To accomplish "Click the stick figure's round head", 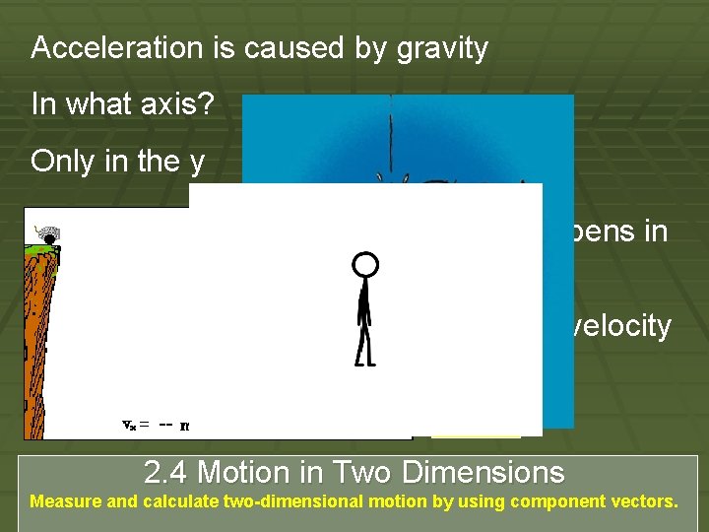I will pyautogui.click(x=365, y=264).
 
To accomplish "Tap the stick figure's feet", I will pyautogui.click(x=364, y=360).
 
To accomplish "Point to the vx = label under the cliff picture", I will pyautogui.click(x=135, y=425).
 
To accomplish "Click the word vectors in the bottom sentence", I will pyautogui.click(x=645, y=501).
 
